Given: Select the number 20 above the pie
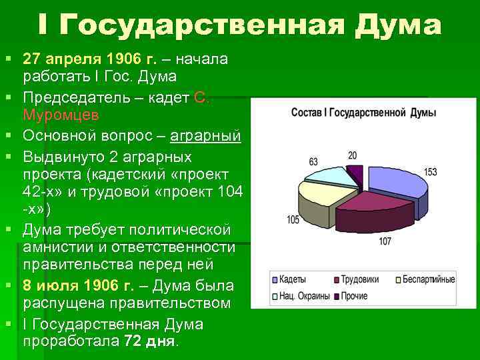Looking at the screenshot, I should tap(352, 155).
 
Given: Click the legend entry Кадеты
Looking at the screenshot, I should tap(292, 279).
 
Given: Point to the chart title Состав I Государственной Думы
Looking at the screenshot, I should tap(364, 113).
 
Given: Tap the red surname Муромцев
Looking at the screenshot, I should tap(61, 115).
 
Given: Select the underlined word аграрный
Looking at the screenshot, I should tap(205, 137).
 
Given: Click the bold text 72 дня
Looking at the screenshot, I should tap(150, 341).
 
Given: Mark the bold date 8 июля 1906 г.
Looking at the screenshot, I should tap(78, 285).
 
